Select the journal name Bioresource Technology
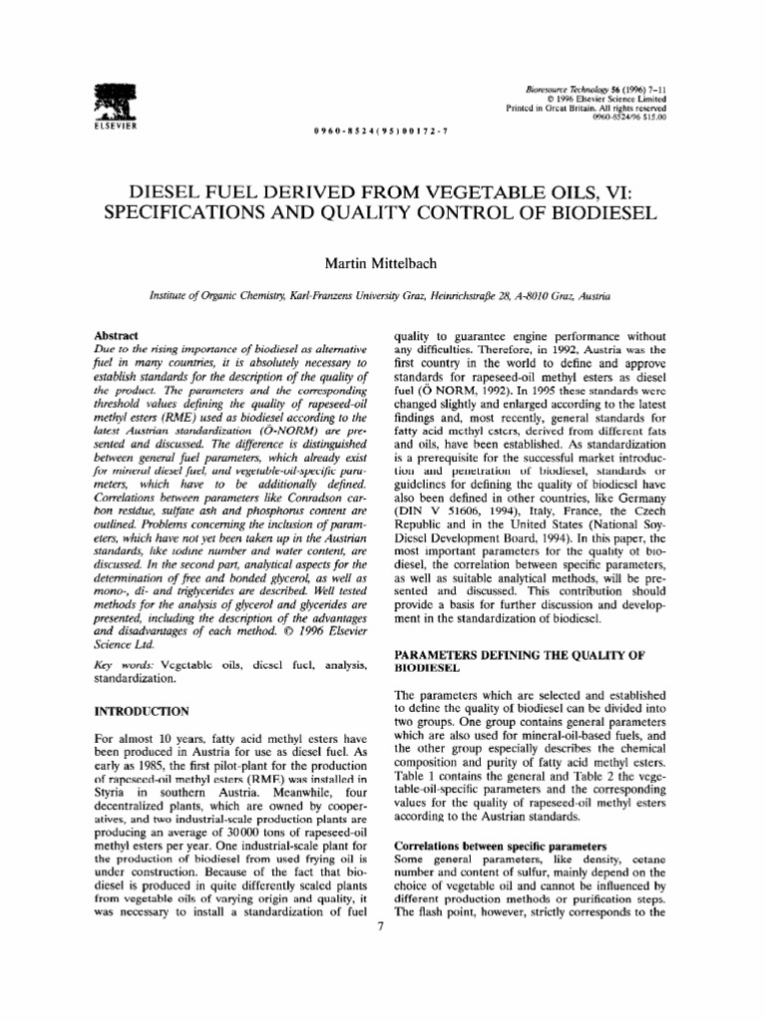pyautogui.click(x=565, y=91)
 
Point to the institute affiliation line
pyautogui.click(x=382, y=297)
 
